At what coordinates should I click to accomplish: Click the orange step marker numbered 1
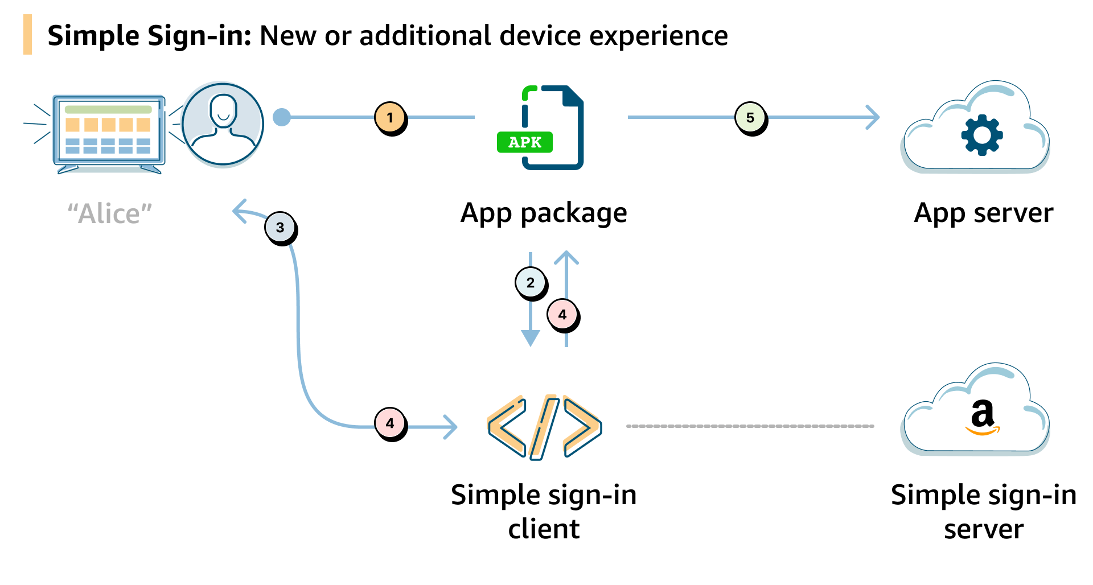pos(390,118)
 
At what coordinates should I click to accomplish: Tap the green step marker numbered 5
pos(750,118)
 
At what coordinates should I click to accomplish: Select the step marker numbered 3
pos(280,227)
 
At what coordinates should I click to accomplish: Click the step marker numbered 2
pos(531,283)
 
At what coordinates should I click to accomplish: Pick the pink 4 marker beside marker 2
pos(562,314)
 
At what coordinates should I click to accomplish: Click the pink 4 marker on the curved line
pos(390,423)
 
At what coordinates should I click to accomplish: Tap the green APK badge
pos(524,142)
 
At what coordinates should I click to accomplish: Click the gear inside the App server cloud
pos(981,135)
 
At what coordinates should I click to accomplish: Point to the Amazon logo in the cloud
pos(983,417)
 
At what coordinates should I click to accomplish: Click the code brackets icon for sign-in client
pos(544,427)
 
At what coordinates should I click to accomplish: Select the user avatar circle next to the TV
pos(223,124)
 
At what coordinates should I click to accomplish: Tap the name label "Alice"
pos(110,214)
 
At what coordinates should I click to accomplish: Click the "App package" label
pos(544,213)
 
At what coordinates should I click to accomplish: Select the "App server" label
pos(983,213)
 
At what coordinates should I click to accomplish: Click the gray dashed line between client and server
pos(750,426)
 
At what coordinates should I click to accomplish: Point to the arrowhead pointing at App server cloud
pos(873,117)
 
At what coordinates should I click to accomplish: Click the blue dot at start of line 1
pos(282,117)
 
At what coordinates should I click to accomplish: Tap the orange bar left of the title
pos(27,35)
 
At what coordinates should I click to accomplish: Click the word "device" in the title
pos(540,36)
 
